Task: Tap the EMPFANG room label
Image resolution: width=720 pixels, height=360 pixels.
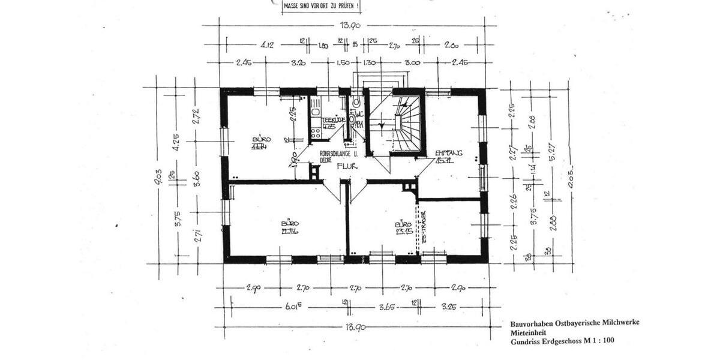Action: [448, 154]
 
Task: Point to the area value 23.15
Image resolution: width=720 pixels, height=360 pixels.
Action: [403, 230]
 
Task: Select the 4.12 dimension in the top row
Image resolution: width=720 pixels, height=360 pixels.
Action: [268, 45]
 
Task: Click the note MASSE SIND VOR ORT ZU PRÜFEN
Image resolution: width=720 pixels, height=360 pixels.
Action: [322, 7]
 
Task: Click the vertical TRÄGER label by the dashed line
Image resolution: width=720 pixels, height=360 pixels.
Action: [423, 226]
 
